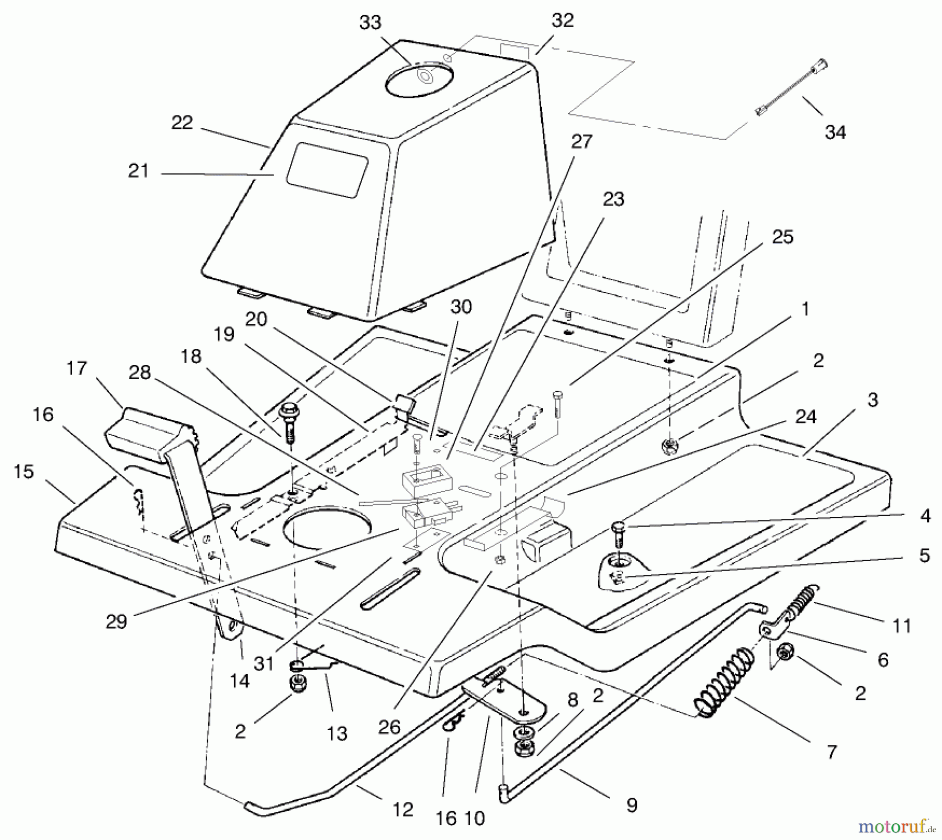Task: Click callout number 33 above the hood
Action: tap(370, 24)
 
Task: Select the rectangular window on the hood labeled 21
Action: tap(327, 171)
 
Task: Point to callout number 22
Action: tap(182, 123)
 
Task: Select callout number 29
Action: tap(116, 621)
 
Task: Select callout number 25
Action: tap(782, 237)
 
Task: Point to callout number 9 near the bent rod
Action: tap(632, 805)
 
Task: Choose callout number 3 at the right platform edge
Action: tap(872, 400)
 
